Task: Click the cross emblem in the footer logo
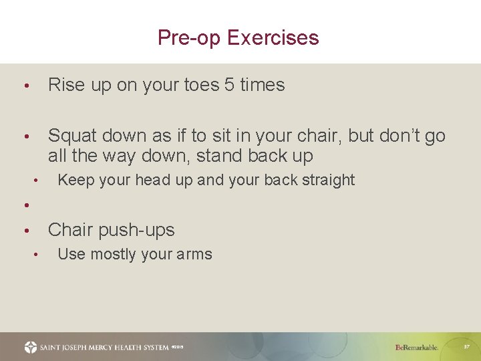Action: click(x=31, y=347)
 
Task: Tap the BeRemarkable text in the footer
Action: click(x=416, y=348)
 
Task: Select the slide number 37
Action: click(x=466, y=347)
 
